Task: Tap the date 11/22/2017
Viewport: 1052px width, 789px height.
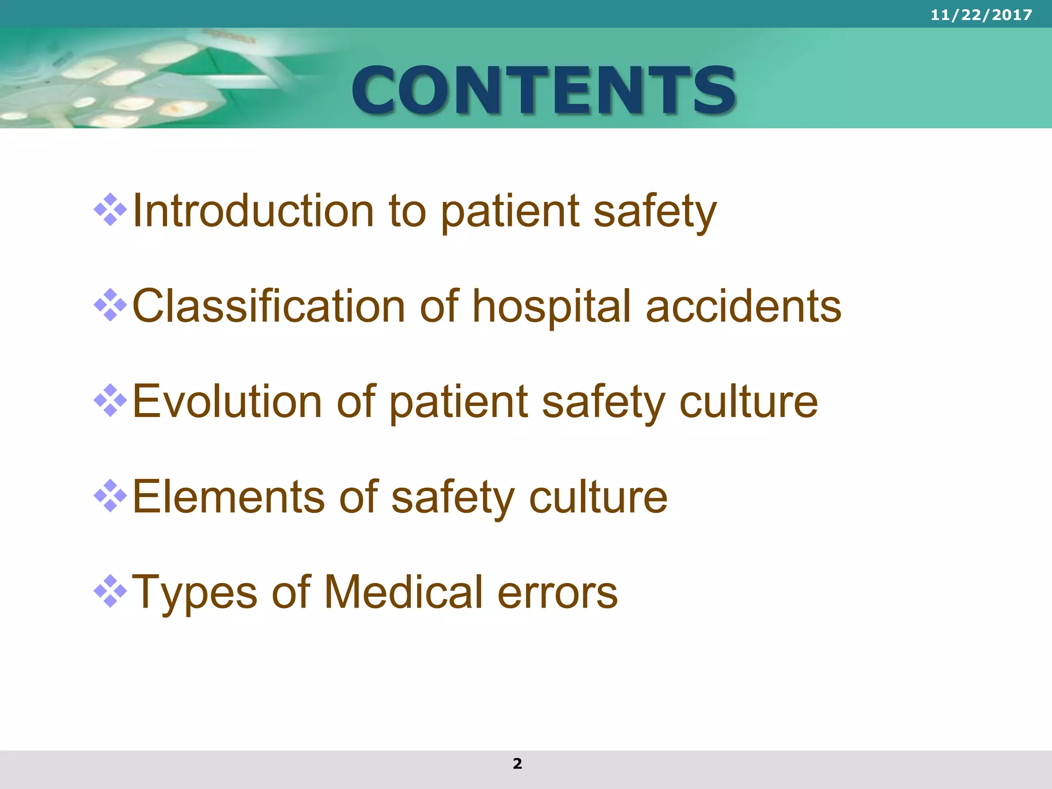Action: pyautogui.click(x=981, y=15)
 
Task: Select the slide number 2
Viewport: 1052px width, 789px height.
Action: pyautogui.click(x=517, y=763)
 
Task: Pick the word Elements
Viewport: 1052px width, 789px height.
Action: pyautogui.click(x=229, y=497)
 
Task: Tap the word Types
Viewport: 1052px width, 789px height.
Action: pyautogui.click(x=195, y=592)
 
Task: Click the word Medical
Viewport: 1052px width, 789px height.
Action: pyautogui.click(x=403, y=592)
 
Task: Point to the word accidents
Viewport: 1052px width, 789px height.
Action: pyautogui.click(x=743, y=306)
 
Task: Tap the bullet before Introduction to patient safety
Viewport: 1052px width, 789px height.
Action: pyautogui.click(x=110, y=210)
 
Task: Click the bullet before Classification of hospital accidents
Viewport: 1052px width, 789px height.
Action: pyautogui.click(x=110, y=305)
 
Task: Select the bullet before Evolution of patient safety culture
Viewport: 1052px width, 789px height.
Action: pyautogui.click(x=110, y=401)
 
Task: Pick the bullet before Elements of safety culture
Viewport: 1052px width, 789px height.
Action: pyautogui.click(x=110, y=496)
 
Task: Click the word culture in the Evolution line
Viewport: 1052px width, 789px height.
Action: pyautogui.click(x=748, y=402)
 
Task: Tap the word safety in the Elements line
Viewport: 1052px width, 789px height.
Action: pyautogui.click(x=453, y=497)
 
